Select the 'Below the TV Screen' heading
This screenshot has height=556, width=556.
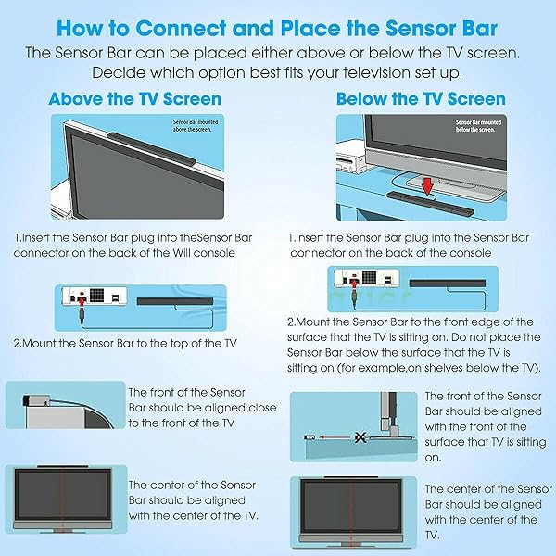click(421, 98)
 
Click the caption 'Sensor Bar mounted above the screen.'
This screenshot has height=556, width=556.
click(196, 125)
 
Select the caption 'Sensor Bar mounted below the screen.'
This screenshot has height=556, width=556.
click(478, 125)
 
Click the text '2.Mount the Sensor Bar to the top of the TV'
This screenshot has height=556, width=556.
click(125, 343)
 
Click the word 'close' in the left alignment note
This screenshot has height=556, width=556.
click(230, 408)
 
